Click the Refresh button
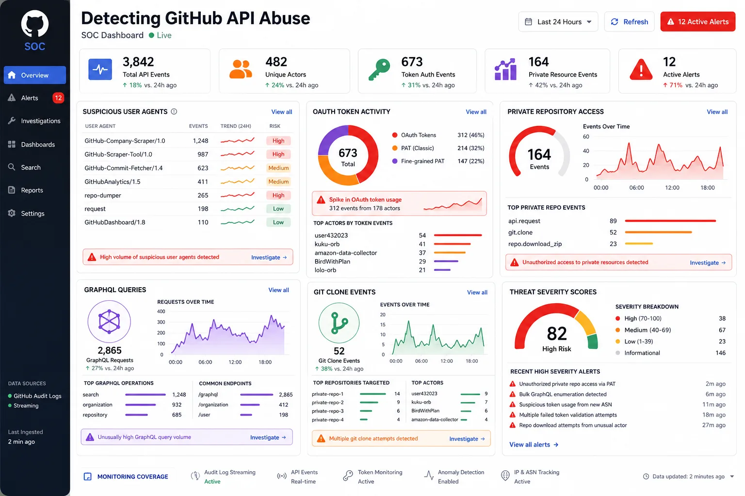[x=629, y=22]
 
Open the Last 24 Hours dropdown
[x=558, y=22]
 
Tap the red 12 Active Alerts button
[x=698, y=22]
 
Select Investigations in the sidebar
[x=41, y=121]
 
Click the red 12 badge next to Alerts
[x=58, y=98]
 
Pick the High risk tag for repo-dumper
[x=278, y=195]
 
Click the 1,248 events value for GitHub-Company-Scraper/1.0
[x=200, y=141]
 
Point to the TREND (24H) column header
[x=236, y=126]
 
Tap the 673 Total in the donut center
[x=348, y=157]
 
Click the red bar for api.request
[x=670, y=221]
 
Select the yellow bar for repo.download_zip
[x=639, y=244]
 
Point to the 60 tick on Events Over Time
[x=586, y=137]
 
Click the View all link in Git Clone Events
[x=477, y=293]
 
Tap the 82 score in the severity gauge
[x=557, y=334]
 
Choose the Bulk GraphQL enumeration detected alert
[x=563, y=394]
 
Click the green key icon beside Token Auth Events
[x=379, y=70]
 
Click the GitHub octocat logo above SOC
[x=35, y=24]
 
